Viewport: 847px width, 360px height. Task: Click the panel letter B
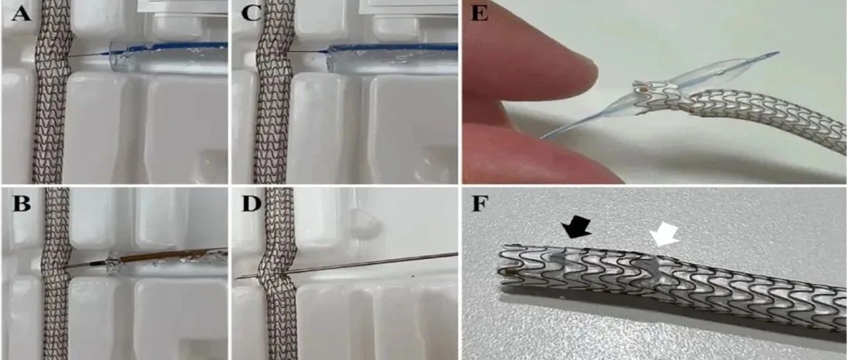click(x=21, y=205)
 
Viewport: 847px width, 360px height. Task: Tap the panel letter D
click(x=251, y=205)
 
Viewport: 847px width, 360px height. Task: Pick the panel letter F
click(x=480, y=205)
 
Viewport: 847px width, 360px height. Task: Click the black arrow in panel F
click(x=576, y=230)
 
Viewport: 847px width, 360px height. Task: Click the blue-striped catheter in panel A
click(x=168, y=58)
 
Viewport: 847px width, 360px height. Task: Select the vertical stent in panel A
click(x=52, y=92)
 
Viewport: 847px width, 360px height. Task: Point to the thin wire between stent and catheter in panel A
click(x=89, y=56)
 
